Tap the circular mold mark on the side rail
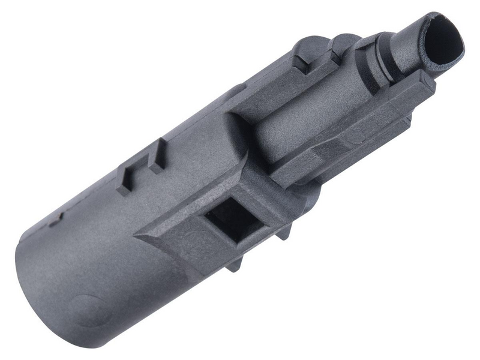(355, 136)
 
